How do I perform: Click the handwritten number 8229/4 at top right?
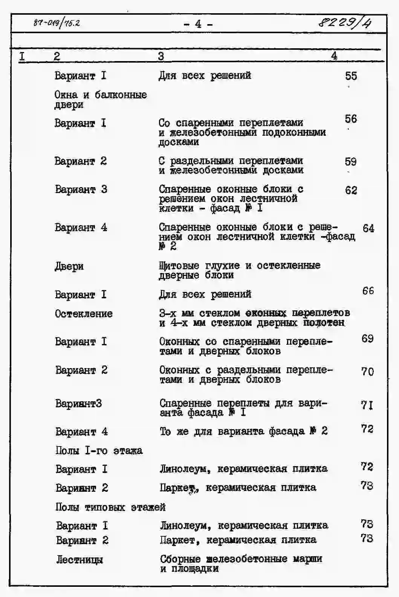point(344,23)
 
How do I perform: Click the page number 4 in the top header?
point(198,24)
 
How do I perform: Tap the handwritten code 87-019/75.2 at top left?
point(57,23)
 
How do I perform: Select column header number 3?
point(161,56)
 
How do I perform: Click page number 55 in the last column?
point(351,76)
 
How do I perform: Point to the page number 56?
point(350,119)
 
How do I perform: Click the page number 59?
point(350,161)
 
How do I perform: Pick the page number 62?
point(351,190)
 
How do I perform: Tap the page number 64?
point(368,228)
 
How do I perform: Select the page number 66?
point(368,290)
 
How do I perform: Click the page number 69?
point(367,338)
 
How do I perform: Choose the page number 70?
point(367,371)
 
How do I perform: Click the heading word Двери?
point(69,266)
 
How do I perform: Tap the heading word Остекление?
point(84,313)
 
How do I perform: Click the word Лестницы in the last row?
point(79,559)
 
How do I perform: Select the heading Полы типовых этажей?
point(110,507)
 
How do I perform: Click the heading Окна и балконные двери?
point(100,99)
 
